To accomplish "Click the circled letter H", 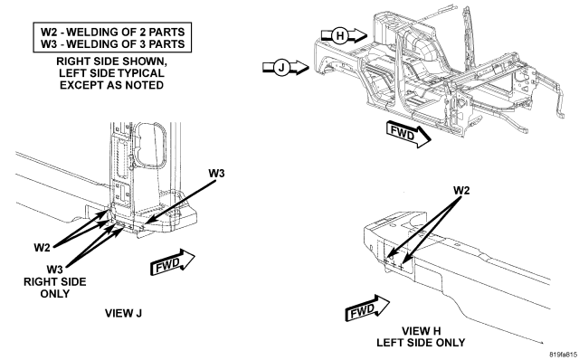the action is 340,36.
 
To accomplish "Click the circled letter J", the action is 281,68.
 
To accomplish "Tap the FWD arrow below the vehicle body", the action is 408,135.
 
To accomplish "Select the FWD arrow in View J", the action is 173,262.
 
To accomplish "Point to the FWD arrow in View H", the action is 367,308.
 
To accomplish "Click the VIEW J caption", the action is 123,314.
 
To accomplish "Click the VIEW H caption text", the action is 421,331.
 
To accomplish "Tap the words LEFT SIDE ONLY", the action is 421,343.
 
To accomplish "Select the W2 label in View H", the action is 461,191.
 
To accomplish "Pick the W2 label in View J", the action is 42,247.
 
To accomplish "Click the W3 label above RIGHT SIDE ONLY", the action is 54,269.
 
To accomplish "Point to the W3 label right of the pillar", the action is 216,173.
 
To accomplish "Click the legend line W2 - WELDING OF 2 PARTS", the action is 112,32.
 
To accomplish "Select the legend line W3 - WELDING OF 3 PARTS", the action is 112,44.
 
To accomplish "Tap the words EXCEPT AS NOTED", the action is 112,85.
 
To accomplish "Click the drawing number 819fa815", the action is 563,355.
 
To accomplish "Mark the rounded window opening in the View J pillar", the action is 151,145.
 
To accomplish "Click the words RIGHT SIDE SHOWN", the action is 112,62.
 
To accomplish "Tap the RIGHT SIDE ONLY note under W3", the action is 54,288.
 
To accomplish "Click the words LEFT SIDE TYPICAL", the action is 112,73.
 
